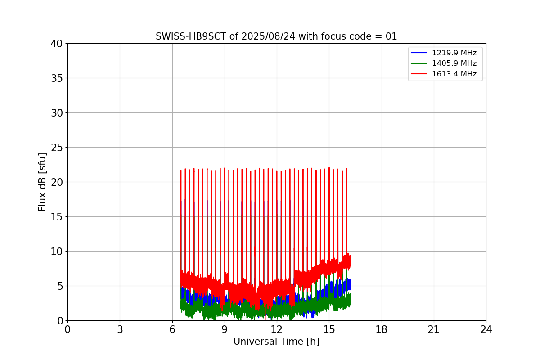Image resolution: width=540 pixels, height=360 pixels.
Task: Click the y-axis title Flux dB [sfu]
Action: click(x=43, y=182)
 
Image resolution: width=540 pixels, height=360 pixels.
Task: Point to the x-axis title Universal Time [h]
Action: click(x=276, y=342)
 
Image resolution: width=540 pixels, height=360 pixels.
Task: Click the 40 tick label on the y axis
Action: click(x=57, y=44)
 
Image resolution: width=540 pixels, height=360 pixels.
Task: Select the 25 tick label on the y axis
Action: click(x=57, y=148)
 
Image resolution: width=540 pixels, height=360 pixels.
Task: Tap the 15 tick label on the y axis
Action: click(x=57, y=217)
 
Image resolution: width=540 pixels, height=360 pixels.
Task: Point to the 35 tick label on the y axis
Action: click(x=57, y=78)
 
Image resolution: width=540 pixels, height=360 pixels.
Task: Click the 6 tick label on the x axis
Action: click(x=172, y=330)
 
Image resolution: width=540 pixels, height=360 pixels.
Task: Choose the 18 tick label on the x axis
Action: click(x=382, y=330)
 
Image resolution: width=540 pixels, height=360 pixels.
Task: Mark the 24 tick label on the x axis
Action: click(x=486, y=330)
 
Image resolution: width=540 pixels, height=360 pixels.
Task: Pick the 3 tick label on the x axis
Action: click(x=120, y=330)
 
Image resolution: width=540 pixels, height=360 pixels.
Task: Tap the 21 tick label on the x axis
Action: click(x=434, y=330)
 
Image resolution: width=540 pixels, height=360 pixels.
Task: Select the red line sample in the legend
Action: click(x=419, y=74)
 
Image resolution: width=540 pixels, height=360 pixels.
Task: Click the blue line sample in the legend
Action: click(x=419, y=53)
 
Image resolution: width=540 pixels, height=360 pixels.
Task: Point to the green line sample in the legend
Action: click(x=419, y=63)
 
